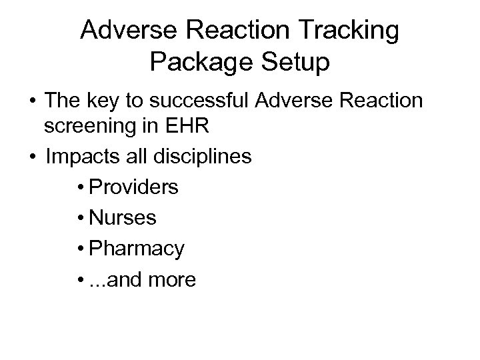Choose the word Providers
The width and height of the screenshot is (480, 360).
coord(133,187)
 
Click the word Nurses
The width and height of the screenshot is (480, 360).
coord(123,218)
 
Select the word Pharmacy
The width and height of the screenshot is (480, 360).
coord(137,249)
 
